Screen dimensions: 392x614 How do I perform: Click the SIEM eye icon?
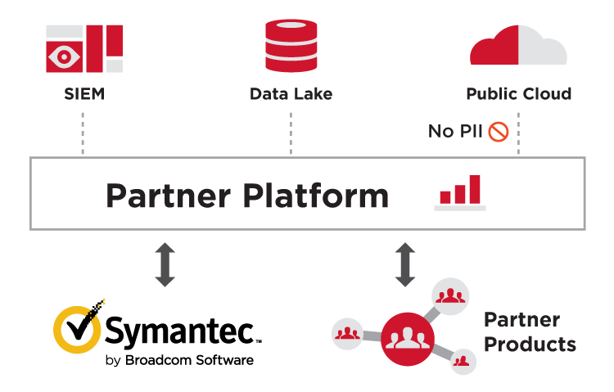tap(64, 56)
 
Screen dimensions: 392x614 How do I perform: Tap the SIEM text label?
tap(84, 94)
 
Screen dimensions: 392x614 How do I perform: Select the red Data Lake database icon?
tap(291, 46)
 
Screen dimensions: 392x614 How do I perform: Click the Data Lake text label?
tap(291, 94)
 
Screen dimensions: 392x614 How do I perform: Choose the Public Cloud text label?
tap(518, 94)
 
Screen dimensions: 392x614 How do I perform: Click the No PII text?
tap(455, 131)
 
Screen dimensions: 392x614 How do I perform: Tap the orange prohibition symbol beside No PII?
tap(498, 131)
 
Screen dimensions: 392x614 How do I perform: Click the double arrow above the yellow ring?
tap(165, 264)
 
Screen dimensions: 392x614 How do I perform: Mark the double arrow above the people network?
tap(405, 264)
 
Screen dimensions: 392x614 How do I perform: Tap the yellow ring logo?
tap(78, 329)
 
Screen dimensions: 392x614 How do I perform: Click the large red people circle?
tap(405, 338)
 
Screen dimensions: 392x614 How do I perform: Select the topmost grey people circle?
tap(449, 295)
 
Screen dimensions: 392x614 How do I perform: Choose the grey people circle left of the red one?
tap(347, 333)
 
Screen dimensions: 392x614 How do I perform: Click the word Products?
tap(530, 345)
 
